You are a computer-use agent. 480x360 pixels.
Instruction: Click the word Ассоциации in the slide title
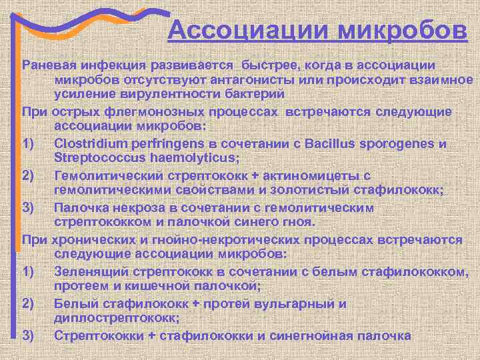(x=248, y=31)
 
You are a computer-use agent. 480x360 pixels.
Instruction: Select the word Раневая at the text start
(x=49, y=66)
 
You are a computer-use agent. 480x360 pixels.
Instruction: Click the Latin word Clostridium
(x=93, y=144)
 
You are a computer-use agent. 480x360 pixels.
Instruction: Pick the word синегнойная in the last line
(x=309, y=335)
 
